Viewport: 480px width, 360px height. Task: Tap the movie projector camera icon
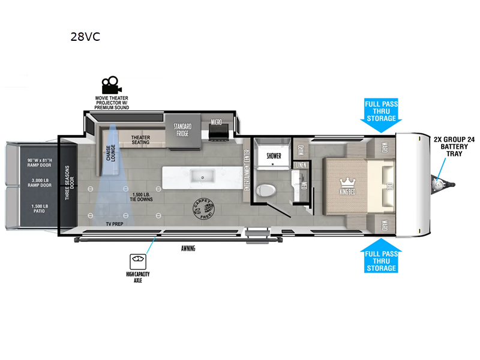tap(109, 83)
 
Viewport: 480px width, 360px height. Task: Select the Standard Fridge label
tap(182, 130)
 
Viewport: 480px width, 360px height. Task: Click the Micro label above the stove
tap(216, 122)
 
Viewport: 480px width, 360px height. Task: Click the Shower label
tap(274, 156)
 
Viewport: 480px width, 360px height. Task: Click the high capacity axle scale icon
tap(138, 261)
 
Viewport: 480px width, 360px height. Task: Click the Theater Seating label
tap(140, 140)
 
